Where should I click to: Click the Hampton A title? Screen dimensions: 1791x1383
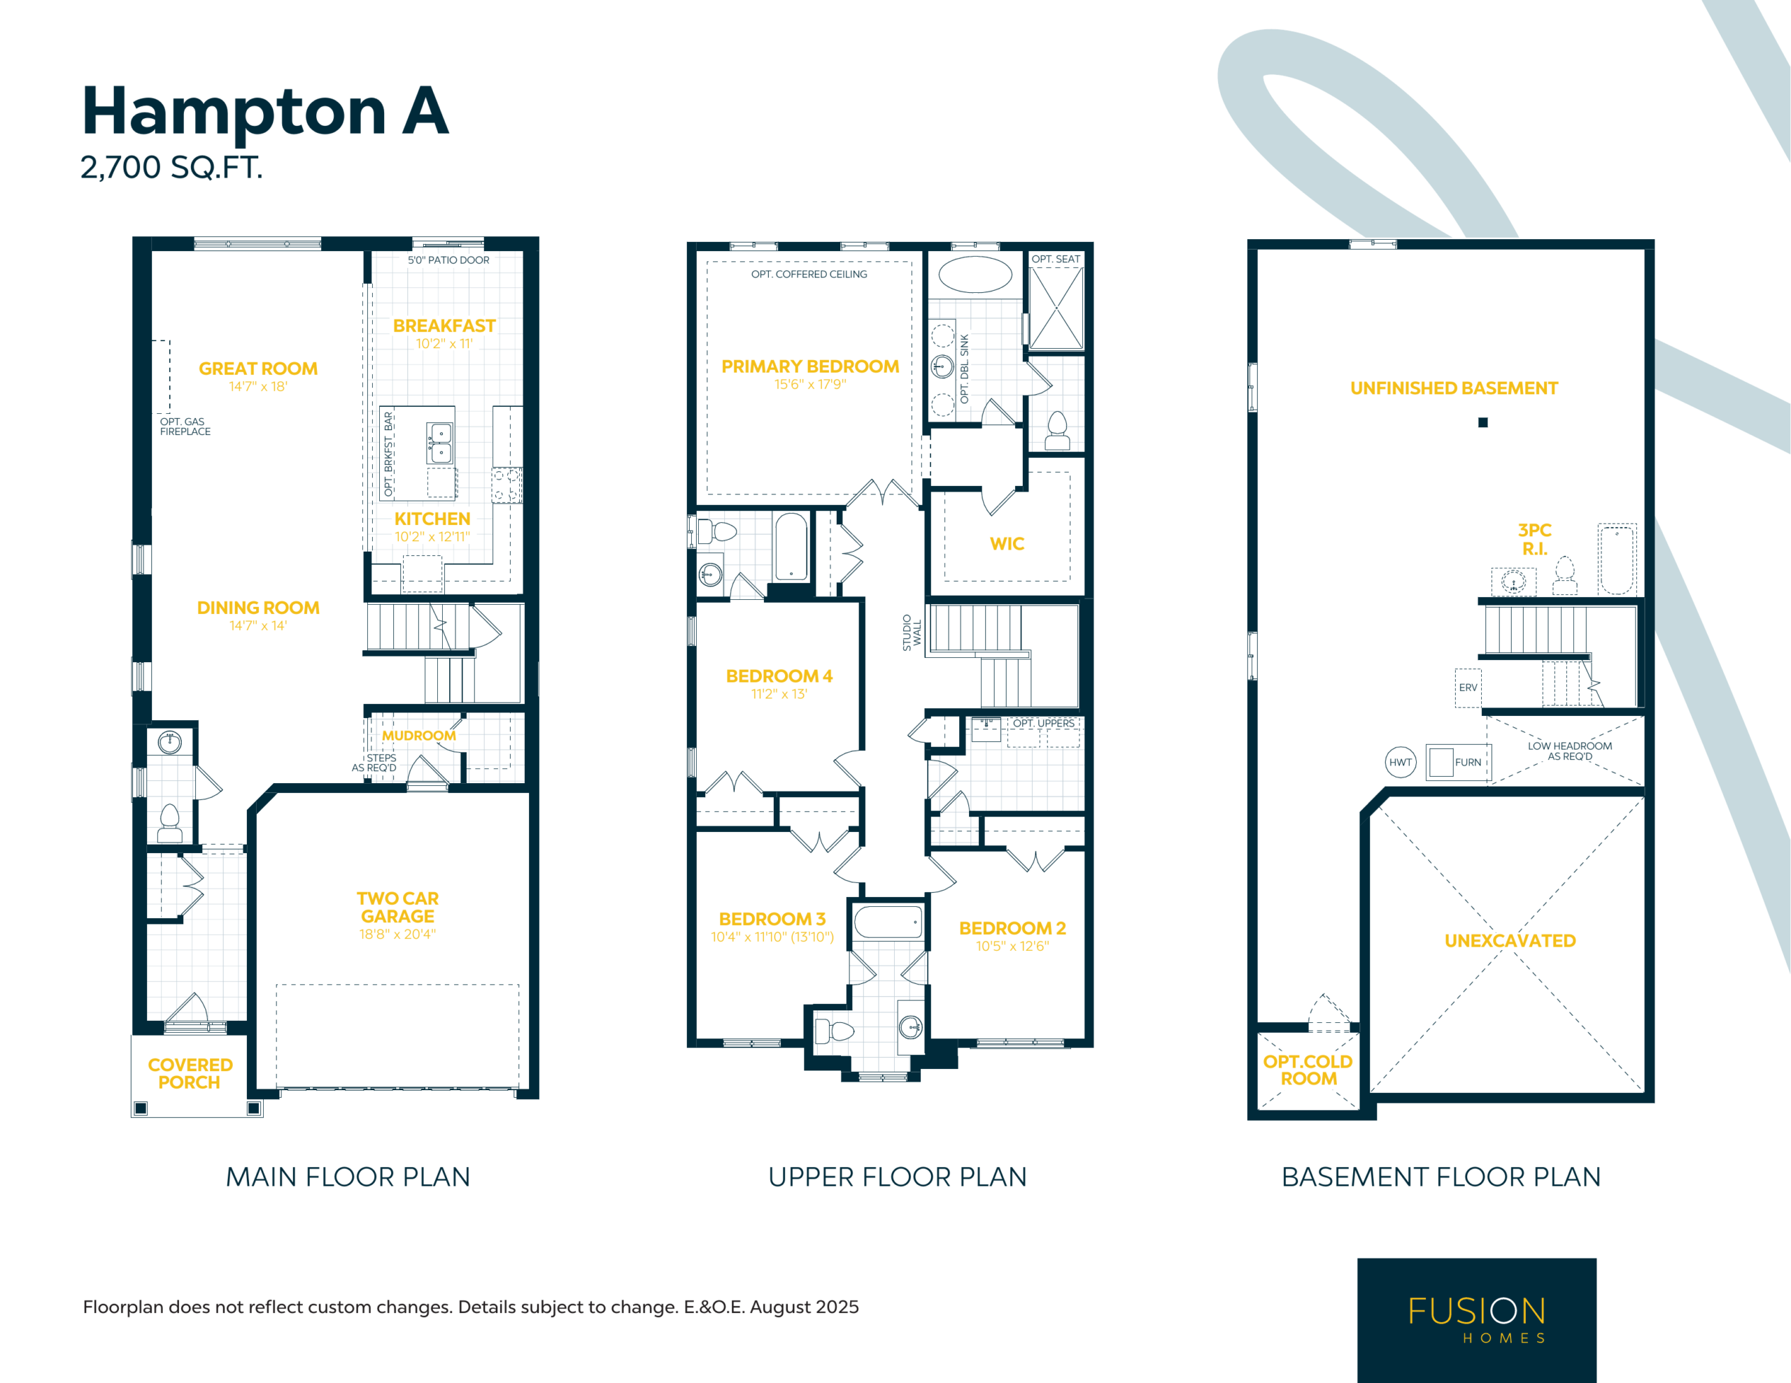(x=265, y=110)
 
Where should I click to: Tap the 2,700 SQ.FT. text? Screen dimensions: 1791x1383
(x=171, y=167)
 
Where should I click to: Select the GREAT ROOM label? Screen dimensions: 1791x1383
(x=258, y=369)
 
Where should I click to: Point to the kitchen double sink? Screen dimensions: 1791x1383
(x=440, y=443)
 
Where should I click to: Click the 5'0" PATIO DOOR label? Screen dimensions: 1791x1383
(x=448, y=260)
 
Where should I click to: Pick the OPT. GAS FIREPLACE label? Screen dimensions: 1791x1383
(x=185, y=427)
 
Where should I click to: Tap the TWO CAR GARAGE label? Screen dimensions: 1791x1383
(x=397, y=908)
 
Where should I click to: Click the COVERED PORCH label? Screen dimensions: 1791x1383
(x=190, y=1073)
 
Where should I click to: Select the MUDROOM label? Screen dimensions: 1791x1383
(x=419, y=736)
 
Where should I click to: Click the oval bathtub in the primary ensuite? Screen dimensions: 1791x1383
(x=975, y=275)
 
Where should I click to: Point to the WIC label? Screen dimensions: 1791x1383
(x=1007, y=543)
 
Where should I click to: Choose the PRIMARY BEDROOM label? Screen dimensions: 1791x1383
(x=810, y=366)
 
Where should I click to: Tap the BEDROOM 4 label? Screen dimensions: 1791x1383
(x=779, y=675)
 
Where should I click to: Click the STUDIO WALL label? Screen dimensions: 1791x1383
(x=912, y=632)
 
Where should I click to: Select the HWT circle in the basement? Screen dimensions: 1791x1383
(x=1401, y=762)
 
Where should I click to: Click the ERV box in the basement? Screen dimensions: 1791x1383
(x=1468, y=688)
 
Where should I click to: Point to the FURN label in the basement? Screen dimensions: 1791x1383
(x=1468, y=762)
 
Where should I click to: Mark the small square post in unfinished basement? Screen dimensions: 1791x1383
(x=1482, y=422)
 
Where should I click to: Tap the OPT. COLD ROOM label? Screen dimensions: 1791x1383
(x=1308, y=1070)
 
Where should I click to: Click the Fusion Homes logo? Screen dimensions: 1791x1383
(x=1477, y=1320)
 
